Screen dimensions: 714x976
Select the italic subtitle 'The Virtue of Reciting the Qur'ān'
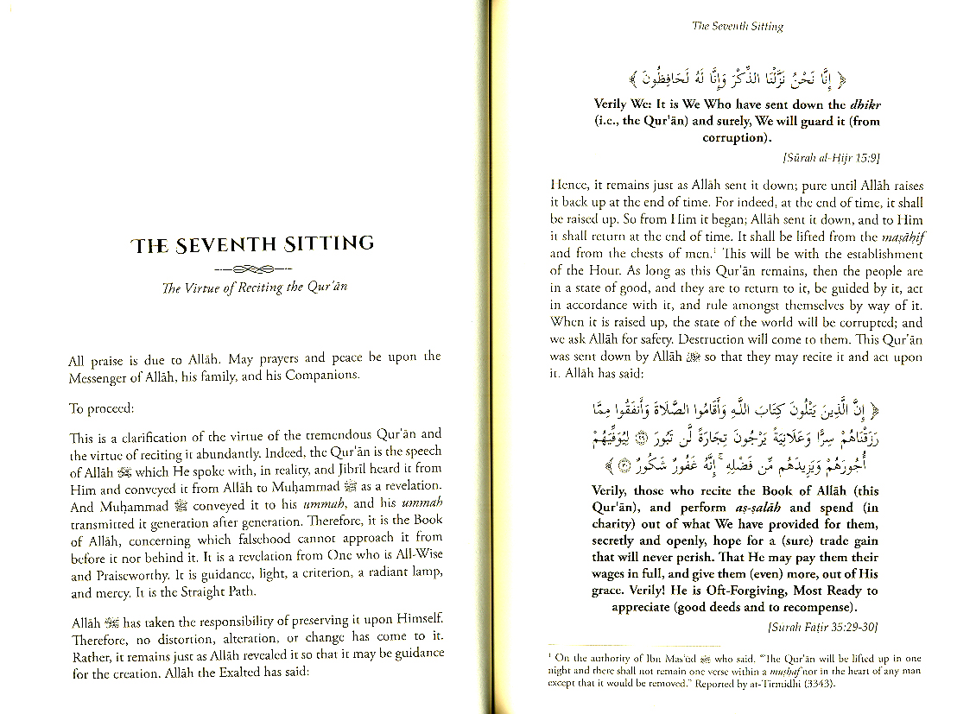pos(254,287)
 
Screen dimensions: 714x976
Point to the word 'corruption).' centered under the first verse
pos(737,138)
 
